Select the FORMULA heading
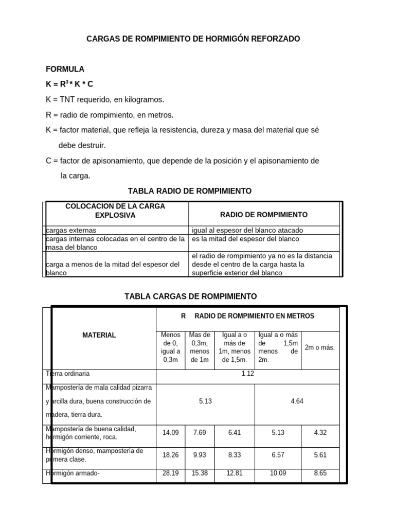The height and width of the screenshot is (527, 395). (65, 69)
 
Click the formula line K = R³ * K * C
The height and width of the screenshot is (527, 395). (69, 84)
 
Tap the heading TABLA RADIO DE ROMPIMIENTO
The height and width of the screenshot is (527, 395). (193, 191)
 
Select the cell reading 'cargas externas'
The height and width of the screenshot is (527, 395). (71, 231)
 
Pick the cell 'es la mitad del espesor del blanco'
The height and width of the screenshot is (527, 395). (245, 239)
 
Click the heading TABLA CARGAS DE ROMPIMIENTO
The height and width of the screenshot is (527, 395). (191, 296)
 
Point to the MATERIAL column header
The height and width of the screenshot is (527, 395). (99, 335)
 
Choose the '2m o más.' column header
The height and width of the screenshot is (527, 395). (319, 347)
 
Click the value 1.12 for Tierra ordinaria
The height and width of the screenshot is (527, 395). (247, 374)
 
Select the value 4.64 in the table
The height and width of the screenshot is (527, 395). (297, 401)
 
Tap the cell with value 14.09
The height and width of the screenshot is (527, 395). (170, 433)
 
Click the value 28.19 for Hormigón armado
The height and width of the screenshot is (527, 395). (170, 473)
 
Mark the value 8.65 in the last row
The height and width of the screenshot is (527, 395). (320, 473)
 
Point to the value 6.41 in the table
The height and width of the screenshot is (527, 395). (234, 433)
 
